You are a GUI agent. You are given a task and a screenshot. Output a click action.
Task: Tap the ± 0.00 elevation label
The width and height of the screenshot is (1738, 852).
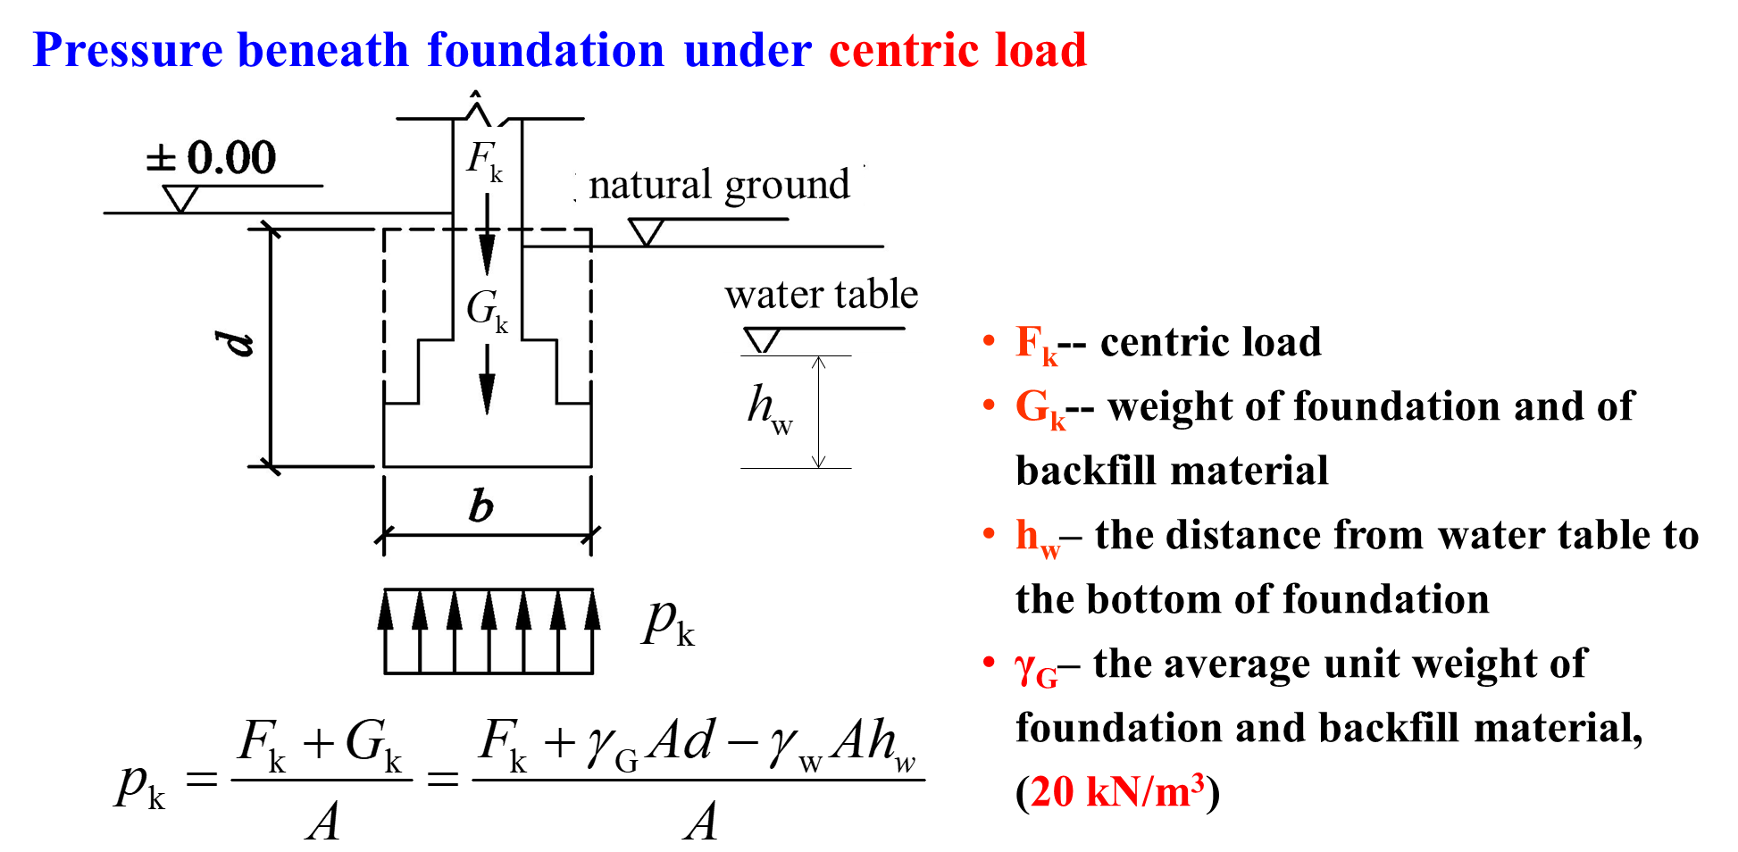pyautogui.click(x=212, y=158)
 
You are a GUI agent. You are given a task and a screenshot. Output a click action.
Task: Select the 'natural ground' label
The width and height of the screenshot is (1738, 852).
pyautogui.click(x=719, y=185)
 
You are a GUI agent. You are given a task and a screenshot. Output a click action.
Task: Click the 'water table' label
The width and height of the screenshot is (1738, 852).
pyautogui.click(x=821, y=294)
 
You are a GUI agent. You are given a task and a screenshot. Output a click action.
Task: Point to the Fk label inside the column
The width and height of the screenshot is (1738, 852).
pyautogui.click(x=484, y=161)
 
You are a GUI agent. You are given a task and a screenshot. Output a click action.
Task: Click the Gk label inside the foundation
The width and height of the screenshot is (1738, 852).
pyautogui.click(x=487, y=311)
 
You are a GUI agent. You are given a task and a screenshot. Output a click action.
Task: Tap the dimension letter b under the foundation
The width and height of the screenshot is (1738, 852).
pyautogui.click(x=480, y=505)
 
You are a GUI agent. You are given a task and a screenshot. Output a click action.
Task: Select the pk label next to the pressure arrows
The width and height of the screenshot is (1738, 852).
pyautogui.click(x=668, y=622)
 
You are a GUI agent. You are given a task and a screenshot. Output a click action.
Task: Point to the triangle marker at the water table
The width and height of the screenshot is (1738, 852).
pyautogui.click(x=762, y=340)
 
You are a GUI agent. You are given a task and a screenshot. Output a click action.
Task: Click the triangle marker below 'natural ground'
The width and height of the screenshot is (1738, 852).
pyautogui.click(x=646, y=232)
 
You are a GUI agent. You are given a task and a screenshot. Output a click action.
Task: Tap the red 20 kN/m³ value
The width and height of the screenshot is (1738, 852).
pyautogui.click(x=1117, y=790)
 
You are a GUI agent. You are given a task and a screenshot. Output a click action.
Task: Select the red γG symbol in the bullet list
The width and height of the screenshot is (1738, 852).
pyautogui.click(x=1036, y=669)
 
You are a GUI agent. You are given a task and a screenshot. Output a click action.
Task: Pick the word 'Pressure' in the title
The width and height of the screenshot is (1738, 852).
pyautogui.click(x=127, y=50)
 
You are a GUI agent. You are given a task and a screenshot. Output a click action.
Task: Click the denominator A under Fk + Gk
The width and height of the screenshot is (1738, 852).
pyautogui.click(x=323, y=821)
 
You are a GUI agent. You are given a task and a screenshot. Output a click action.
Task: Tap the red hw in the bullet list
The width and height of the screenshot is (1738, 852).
pyautogui.click(x=1038, y=539)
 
